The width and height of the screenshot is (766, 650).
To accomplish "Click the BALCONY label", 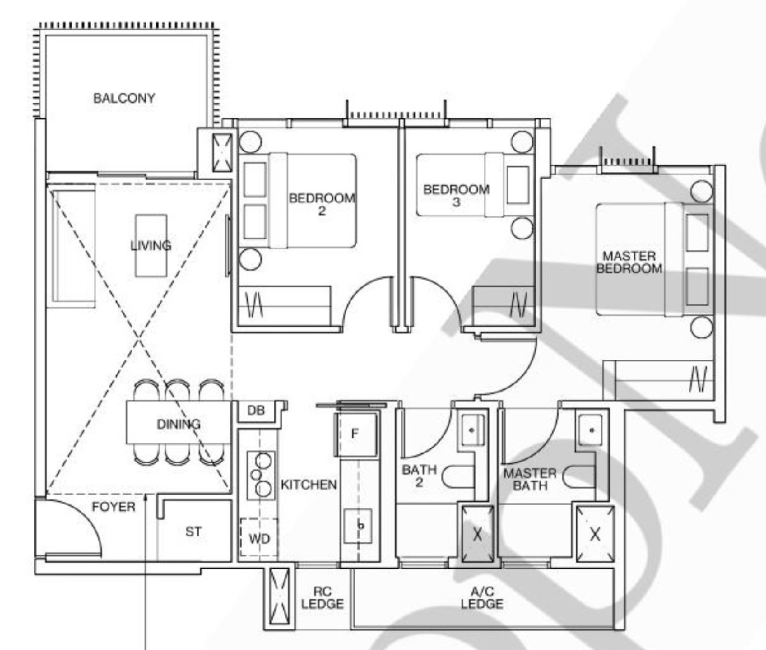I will tap(124, 98).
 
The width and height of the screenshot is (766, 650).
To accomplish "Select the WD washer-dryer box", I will tap(259, 539).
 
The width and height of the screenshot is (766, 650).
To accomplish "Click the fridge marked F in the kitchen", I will tap(356, 433).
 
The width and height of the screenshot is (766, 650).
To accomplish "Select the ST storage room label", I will tap(193, 531).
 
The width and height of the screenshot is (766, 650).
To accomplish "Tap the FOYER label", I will tap(114, 507).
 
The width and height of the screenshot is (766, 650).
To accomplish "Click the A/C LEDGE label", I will tap(482, 598).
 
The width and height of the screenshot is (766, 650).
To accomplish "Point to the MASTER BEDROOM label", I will tap(629, 263).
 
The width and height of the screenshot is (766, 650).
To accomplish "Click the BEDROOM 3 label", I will tap(456, 196).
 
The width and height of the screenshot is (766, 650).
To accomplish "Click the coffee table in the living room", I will tap(151, 245).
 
